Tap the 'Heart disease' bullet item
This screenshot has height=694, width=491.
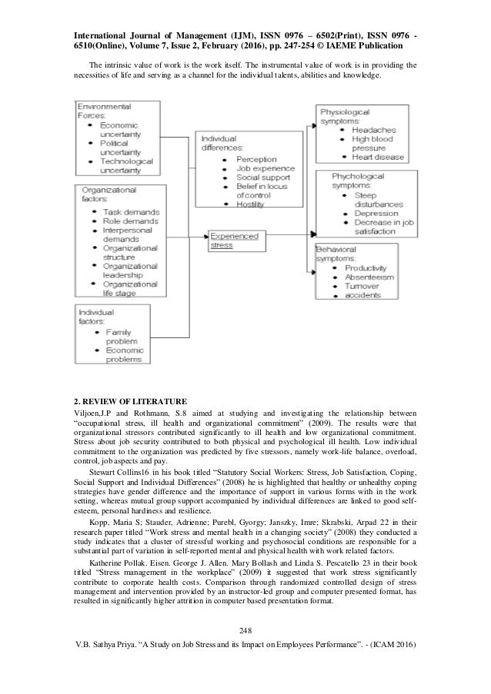pyautogui.click(x=378, y=158)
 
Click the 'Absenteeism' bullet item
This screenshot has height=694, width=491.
pyautogui.click(x=371, y=276)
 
